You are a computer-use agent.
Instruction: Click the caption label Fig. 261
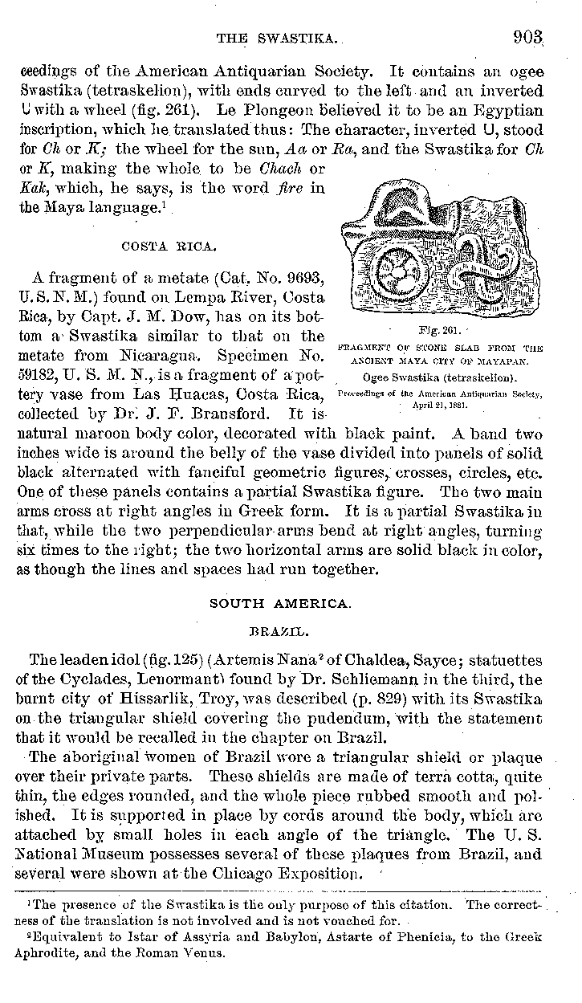point(437,331)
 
